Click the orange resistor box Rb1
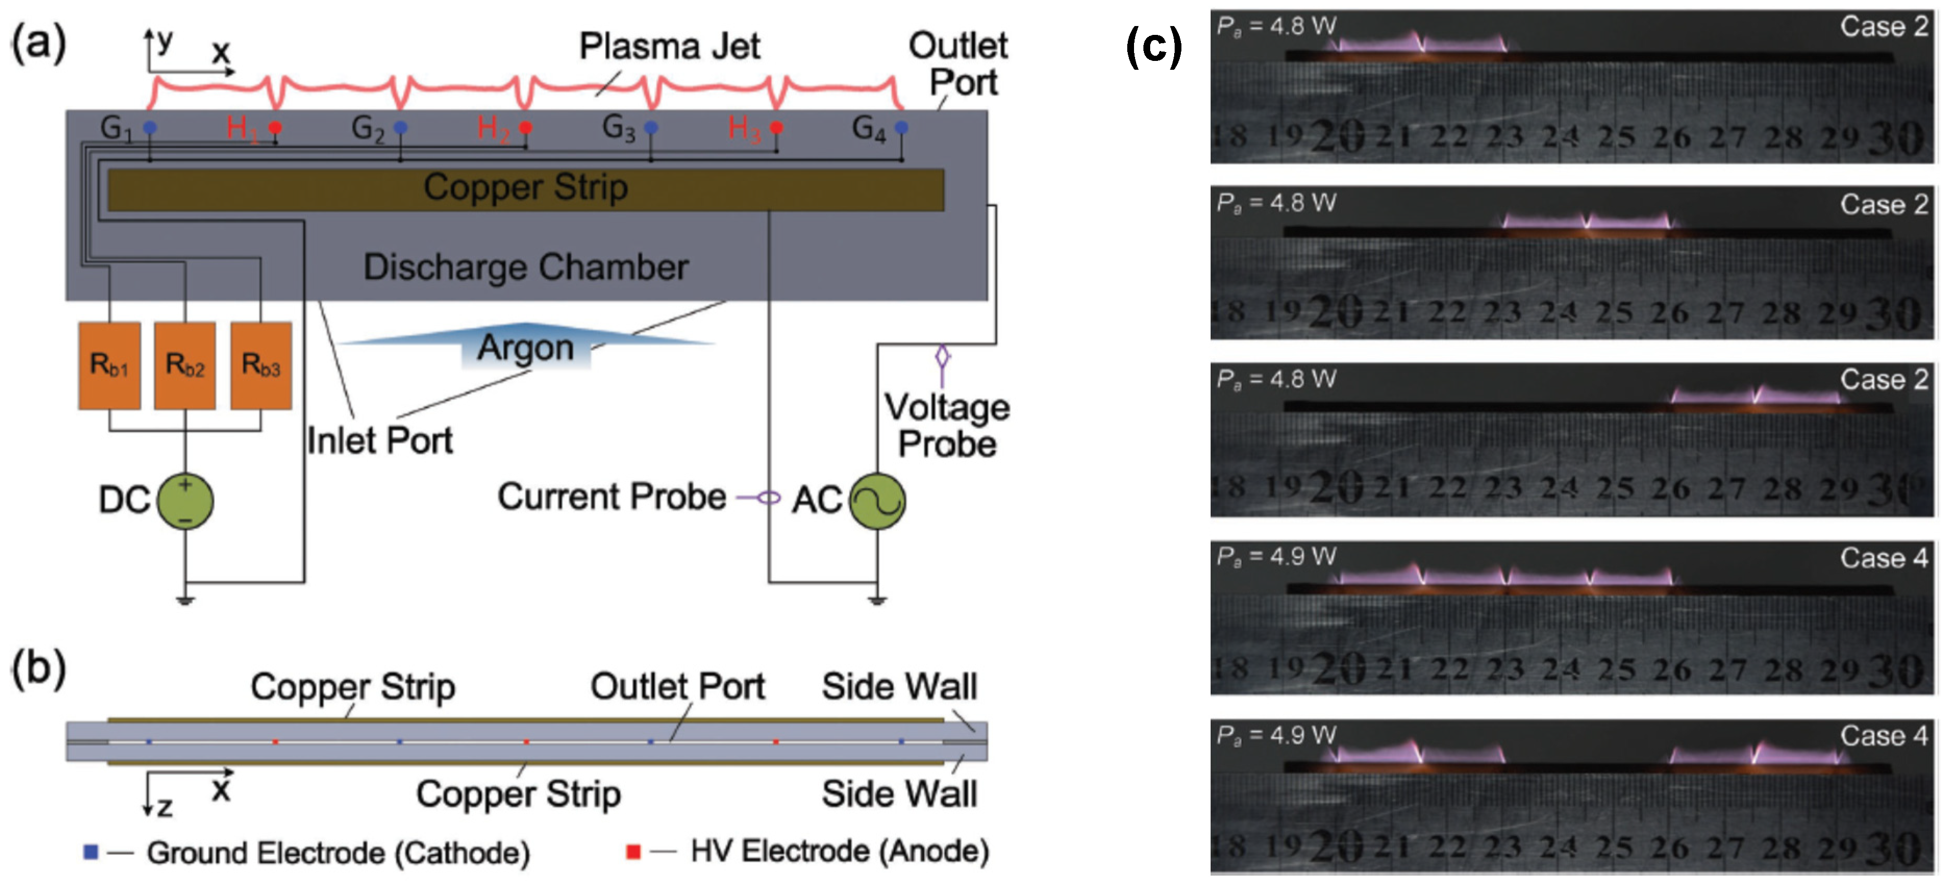coord(109,366)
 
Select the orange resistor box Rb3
coord(261,366)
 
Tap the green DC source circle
coord(185,500)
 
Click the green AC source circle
coord(877,500)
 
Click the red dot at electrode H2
coord(526,128)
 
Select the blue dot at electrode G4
coord(901,128)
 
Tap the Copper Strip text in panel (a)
coord(525,187)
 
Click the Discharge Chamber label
coord(526,267)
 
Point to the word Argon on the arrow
coord(526,347)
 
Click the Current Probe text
coord(612,497)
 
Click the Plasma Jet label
coord(669,47)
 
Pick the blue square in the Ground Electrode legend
coord(91,852)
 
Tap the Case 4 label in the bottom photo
coord(1884,735)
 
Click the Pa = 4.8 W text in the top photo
coord(1276,27)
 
